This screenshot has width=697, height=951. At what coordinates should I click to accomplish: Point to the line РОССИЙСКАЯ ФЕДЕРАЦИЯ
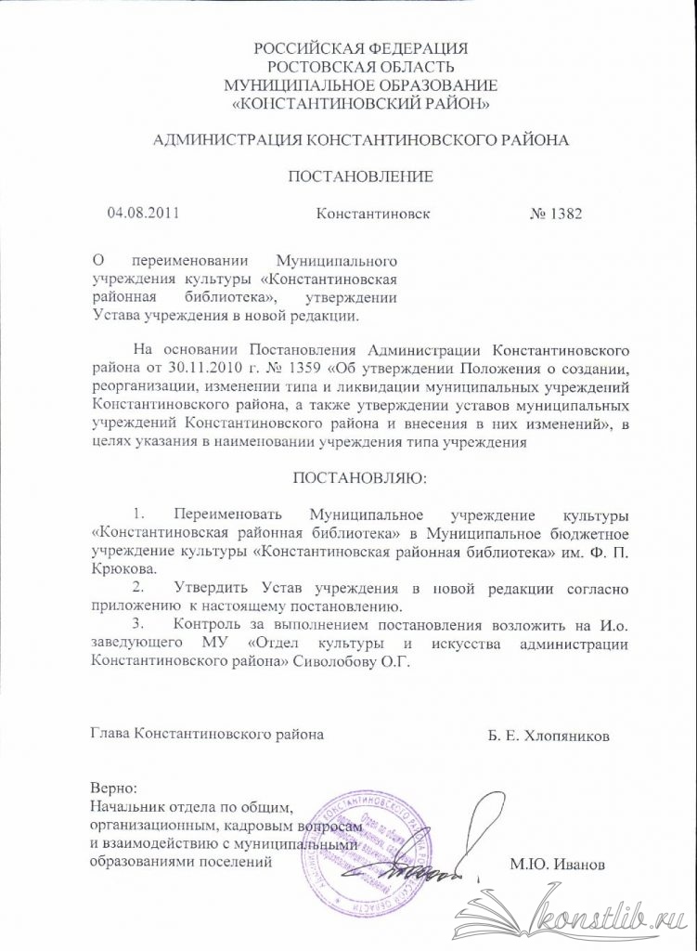(x=361, y=48)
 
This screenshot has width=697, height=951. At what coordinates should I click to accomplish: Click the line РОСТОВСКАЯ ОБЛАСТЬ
(x=361, y=65)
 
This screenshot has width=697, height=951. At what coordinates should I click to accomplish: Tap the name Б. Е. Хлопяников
(x=549, y=735)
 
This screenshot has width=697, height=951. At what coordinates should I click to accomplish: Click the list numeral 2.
(x=136, y=588)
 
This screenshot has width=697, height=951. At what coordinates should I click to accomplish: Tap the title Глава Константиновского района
(x=208, y=734)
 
